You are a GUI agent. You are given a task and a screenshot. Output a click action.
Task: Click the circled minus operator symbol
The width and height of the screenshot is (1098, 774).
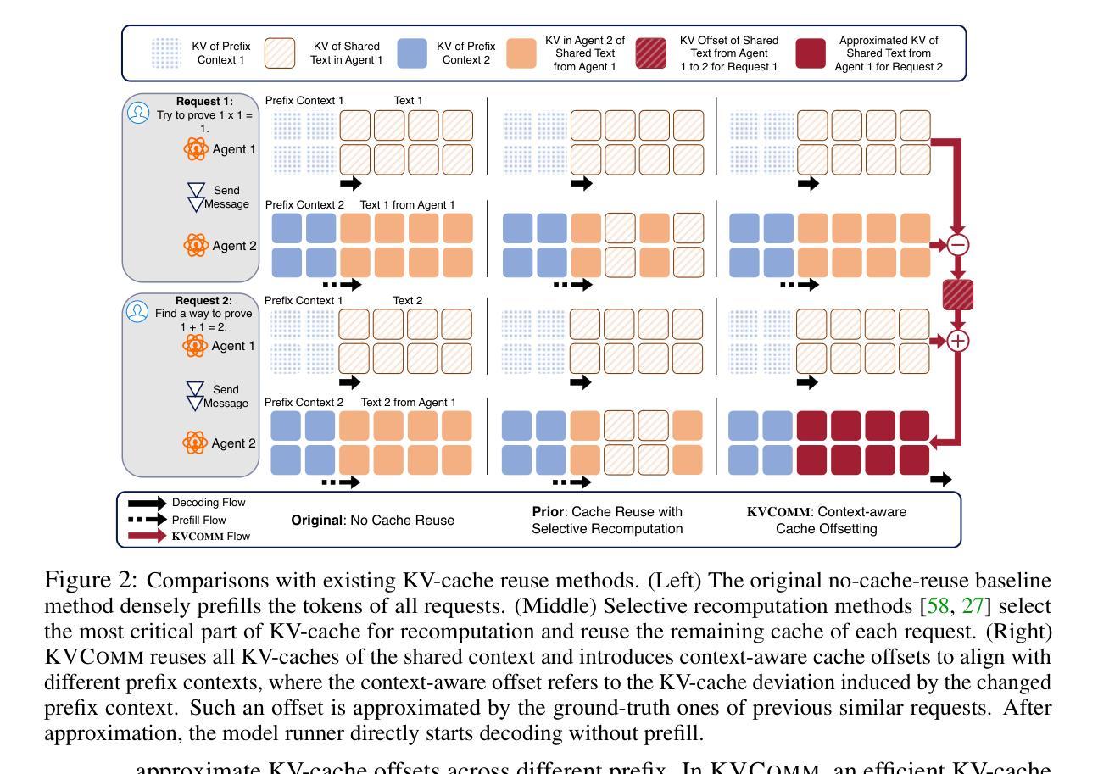pos(958,245)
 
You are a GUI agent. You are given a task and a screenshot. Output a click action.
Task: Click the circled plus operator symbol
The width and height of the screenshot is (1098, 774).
pos(958,341)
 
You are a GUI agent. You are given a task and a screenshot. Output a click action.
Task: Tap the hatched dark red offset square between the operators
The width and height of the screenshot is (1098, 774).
pos(958,294)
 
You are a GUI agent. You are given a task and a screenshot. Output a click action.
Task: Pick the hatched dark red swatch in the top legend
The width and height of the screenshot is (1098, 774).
pos(650,53)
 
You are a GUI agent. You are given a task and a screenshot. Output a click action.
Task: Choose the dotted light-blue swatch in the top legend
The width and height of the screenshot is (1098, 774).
pos(166,53)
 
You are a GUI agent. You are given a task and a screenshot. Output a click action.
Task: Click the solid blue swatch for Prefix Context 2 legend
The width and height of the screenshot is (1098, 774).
pos(412,53)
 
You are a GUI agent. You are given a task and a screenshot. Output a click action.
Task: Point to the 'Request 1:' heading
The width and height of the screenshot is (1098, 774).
pos(204,102)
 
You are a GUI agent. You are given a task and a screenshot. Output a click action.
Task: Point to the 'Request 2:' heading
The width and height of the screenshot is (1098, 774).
pos(203,300)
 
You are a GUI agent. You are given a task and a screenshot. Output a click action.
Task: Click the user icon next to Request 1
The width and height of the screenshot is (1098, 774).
pos(138,113)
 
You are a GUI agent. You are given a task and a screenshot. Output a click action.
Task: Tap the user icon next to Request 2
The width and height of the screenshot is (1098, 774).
pos(137,312)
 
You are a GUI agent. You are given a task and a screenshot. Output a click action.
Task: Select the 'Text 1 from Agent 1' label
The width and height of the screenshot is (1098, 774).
pos(407,205)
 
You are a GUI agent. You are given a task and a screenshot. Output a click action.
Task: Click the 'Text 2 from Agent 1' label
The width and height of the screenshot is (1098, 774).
pos(408,403)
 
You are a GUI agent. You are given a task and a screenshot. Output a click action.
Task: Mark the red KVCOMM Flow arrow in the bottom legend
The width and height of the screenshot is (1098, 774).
pos(148,536)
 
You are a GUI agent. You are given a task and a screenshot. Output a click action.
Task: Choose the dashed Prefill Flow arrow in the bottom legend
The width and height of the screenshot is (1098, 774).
pos(148,520)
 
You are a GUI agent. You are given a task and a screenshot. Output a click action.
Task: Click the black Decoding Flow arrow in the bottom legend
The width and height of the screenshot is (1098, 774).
pos(148,504)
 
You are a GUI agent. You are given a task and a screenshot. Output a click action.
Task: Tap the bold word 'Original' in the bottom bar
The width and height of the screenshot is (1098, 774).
pos(317,520)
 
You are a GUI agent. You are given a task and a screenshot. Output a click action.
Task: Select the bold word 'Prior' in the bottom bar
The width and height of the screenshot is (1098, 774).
pos(548,512)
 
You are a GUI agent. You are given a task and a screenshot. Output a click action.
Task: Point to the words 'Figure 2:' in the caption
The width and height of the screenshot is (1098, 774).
pos(92,581)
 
